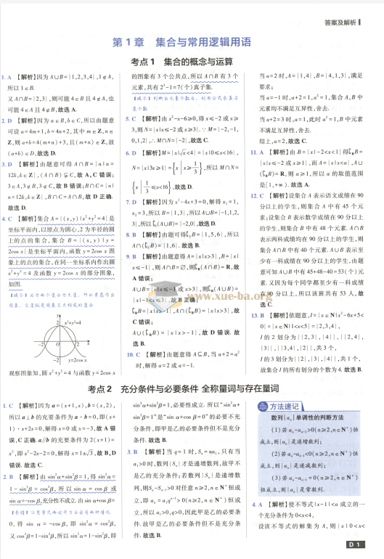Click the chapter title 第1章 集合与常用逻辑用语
tap(192, 43)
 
